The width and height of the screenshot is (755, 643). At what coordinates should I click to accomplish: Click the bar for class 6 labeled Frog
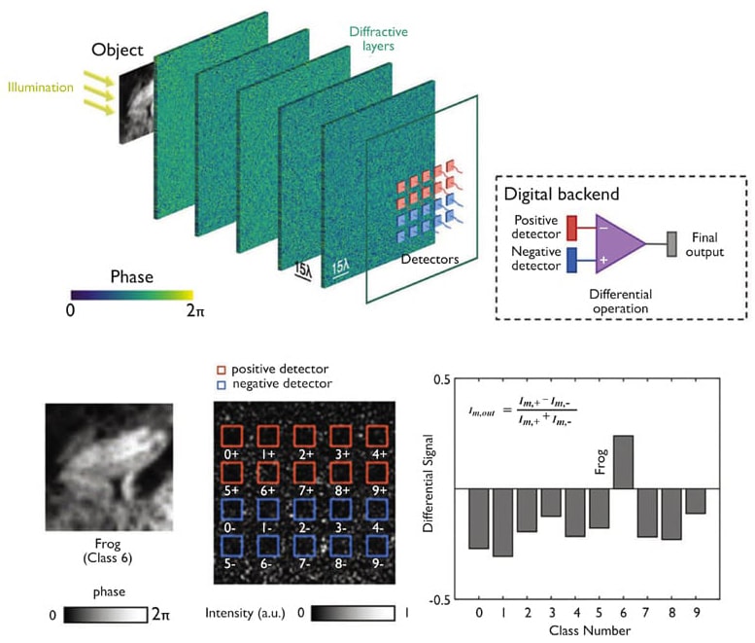click(x=623, y=462)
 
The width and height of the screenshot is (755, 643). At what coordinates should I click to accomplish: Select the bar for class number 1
click(x=502, y=521)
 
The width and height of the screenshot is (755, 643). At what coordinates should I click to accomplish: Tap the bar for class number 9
click(x=695, y=500)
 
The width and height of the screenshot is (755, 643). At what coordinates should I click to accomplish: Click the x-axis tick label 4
click(x=574, y=613)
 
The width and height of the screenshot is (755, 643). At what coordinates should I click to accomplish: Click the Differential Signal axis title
click(x=428, y=488)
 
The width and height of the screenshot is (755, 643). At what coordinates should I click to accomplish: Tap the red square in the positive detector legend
click(x=222, y=371)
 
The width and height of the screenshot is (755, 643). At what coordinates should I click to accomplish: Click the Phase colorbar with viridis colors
click(x=131, y=295)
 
